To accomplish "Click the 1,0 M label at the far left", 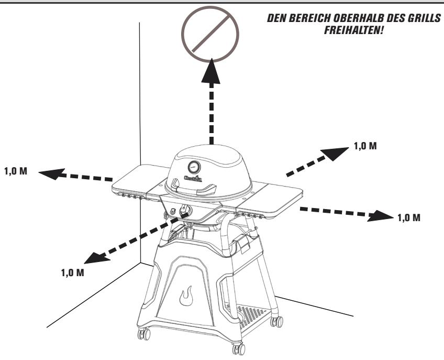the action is click(x=16, y=172).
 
